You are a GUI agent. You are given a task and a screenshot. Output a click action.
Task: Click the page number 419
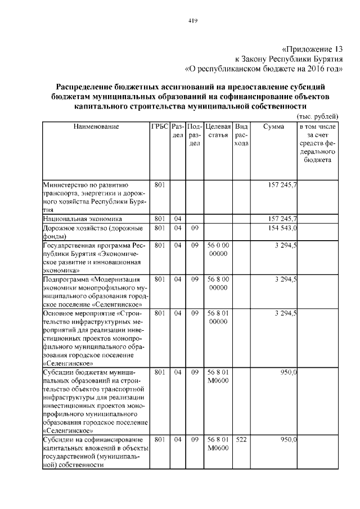coord(191,21)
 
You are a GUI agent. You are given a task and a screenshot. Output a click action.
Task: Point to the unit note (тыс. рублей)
coord(317,116)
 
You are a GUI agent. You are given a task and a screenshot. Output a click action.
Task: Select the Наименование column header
coord(96,127)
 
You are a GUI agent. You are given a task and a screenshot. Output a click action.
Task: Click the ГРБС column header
coord(160,127)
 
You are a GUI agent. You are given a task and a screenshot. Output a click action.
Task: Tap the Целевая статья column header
coord(218,131)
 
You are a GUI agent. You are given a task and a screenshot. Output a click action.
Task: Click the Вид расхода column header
coord(241,136)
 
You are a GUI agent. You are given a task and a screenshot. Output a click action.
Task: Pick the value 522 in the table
coord(241,439)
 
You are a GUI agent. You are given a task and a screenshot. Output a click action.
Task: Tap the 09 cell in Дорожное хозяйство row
coord(195,228)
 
